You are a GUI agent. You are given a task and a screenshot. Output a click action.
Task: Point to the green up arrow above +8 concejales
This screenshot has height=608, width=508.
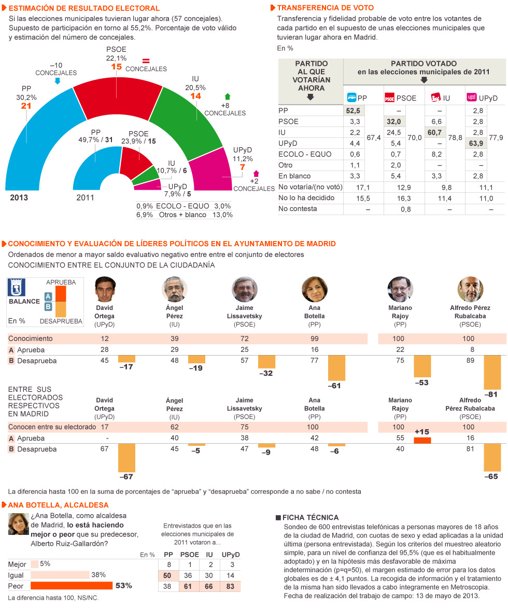(x=227, y=97)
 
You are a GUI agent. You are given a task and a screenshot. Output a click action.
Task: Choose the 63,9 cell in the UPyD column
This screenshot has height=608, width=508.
(x=477, y=143)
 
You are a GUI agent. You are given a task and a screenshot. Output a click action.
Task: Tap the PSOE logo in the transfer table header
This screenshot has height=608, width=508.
(x=390, y=97)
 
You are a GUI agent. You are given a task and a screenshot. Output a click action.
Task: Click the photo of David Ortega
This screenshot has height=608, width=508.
(x=105, y=289)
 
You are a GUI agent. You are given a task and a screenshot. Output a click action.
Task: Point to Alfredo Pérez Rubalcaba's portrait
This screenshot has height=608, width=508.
(x=471, y=289)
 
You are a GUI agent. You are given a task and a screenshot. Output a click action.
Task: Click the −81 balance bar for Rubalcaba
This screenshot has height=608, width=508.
(x=492, y=372)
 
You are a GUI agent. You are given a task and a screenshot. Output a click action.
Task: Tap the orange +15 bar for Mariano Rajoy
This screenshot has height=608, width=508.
(x=422, y=441)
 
